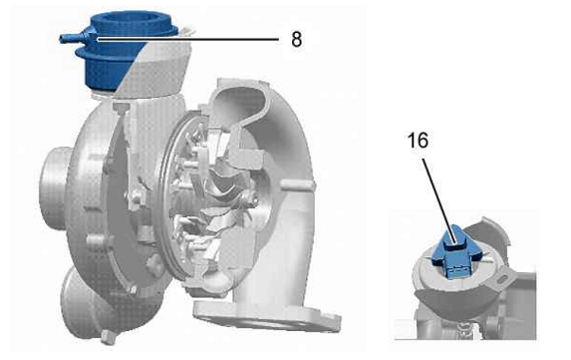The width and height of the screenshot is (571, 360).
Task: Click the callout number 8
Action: pyautogui.click(x=296, y=39)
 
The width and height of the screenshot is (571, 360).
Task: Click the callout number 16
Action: pyautogui.click(x=418, y=141)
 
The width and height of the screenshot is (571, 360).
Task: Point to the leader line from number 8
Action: pyautogui.click(x=188, y=38)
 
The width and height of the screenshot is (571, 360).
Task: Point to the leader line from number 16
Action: pyautogui.click(x=438, y=201)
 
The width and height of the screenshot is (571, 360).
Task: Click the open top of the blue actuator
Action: pyautogui.click(x=131, y=21)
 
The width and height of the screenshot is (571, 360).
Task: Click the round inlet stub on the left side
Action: pyautogui.click(x=55, y=188)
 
